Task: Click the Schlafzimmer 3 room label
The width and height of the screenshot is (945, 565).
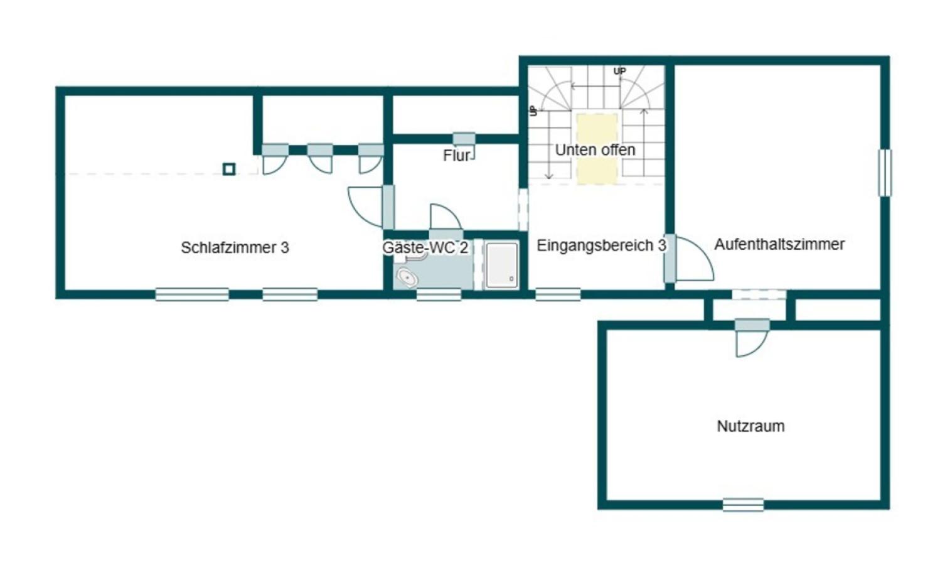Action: pos(235,248)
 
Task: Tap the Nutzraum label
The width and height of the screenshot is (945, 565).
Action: pos(751,426)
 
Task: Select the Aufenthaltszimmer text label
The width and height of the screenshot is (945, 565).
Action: pos(779,244)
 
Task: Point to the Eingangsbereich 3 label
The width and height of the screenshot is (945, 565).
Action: pos(601,245)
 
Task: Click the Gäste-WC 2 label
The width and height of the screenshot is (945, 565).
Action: pos(425,248)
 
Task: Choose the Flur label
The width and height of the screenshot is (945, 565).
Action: pos(456,156)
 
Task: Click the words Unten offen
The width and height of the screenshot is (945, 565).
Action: pos(595,150)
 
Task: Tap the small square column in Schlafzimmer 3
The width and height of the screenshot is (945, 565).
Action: pos(229,169)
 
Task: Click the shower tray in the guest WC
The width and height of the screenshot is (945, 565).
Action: pos(501,266)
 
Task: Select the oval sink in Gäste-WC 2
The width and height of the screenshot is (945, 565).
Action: pos(407,277)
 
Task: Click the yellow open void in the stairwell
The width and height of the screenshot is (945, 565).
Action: pos(597,149)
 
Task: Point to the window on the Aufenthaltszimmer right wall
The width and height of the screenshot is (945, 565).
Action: pos(885,173)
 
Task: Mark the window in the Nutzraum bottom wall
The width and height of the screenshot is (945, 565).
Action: pos(743,505)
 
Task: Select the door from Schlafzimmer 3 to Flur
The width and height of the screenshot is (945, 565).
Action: pos(371,207)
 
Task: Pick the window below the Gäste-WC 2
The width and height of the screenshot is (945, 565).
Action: pos(439,294)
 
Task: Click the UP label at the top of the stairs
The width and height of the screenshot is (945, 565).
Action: pos(620,72)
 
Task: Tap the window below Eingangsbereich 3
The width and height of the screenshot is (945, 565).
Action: pos(558,294)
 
